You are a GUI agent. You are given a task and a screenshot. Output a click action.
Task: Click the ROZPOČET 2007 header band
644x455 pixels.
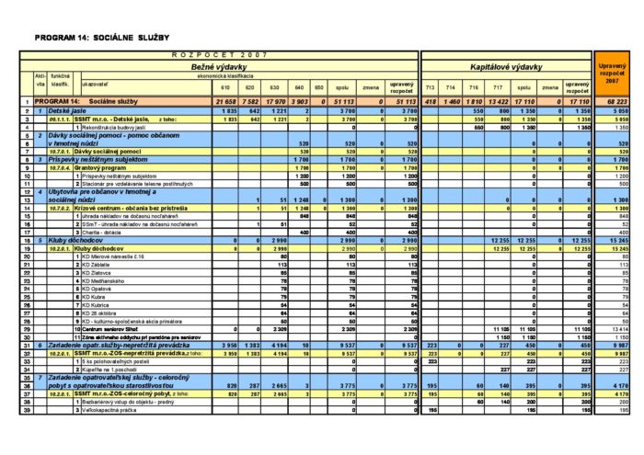(213, 55)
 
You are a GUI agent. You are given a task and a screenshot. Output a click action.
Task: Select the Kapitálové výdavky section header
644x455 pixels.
(505, 66)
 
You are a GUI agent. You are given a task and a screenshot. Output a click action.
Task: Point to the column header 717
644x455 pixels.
(498, 89)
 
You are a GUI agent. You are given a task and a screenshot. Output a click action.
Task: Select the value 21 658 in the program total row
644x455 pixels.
(226, 100)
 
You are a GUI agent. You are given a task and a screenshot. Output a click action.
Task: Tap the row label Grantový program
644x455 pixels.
(103, 168)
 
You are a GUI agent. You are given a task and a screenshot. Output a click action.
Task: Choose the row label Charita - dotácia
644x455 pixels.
(100, 232)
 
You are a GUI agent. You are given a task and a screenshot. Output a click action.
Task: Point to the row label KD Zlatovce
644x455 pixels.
(99, 273)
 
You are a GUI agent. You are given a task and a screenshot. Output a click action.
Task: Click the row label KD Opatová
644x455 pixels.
(99, 290)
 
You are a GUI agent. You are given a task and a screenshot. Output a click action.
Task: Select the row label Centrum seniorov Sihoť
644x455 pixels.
(111, 327)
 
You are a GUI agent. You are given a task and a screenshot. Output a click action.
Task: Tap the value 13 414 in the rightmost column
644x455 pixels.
(617, 327)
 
